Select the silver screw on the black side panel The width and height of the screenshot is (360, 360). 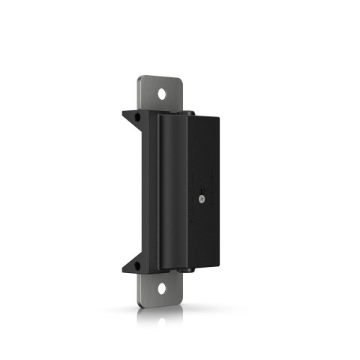click(202, 199)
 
